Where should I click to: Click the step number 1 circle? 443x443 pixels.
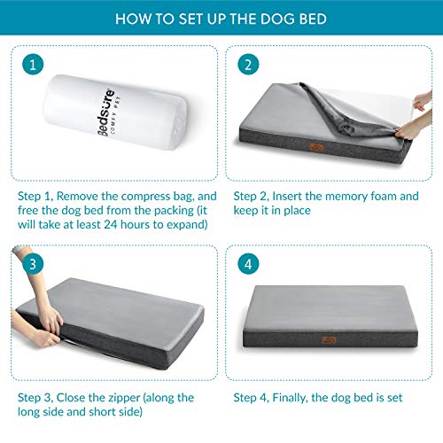[33, 66]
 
